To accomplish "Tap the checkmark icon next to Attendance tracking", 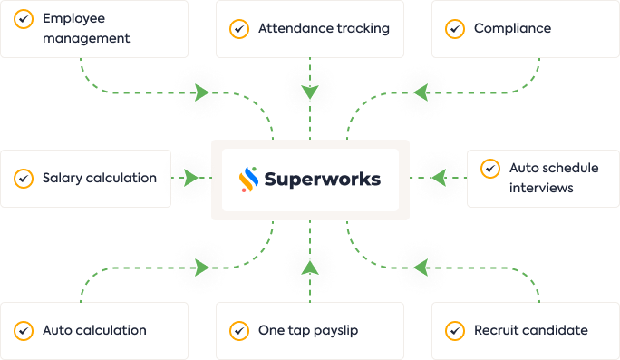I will click(x=239, y=29).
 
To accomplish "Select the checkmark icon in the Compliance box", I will click(x=455, y=29).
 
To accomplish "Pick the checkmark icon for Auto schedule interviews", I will click(x=490, y=169).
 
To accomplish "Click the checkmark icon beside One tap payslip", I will click(x=239, y=330).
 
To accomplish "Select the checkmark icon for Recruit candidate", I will click(x=455, y=330).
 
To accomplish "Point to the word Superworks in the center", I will click(x=322, y=179).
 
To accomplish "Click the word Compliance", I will click(x=512, y=29).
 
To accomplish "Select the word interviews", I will click(x=541, y=188).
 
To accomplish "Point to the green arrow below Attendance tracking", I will click(x=310, y=92).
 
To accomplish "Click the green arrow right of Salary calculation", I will click(x=192, y=177).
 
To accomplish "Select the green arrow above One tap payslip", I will click(x=310, y=267).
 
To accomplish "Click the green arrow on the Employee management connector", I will click(x=202, y=92).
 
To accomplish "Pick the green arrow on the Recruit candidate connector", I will click(x=420, y=268).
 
